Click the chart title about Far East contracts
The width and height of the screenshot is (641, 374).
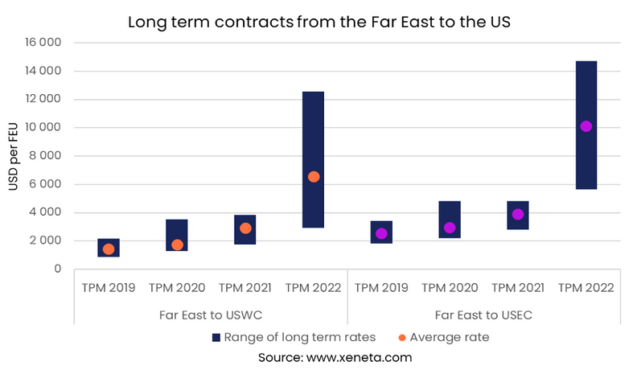(319, 22)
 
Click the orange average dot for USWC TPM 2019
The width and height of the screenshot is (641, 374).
(109, 249)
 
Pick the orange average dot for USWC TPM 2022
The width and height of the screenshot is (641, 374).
(314, 177)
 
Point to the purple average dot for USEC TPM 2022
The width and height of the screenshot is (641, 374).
(586, 126)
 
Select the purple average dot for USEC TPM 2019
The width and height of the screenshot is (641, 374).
(381, 234)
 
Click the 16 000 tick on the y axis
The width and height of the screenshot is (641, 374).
(45, 43)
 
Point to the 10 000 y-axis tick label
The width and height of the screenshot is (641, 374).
(45, 128)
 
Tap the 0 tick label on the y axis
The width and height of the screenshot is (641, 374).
(58, 269)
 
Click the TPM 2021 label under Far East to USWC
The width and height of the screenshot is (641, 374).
(245, 287)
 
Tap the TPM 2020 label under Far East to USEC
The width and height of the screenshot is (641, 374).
(450, 287)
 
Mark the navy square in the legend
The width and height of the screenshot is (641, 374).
(216, 338)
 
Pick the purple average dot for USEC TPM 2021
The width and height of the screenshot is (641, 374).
(518, 215)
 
